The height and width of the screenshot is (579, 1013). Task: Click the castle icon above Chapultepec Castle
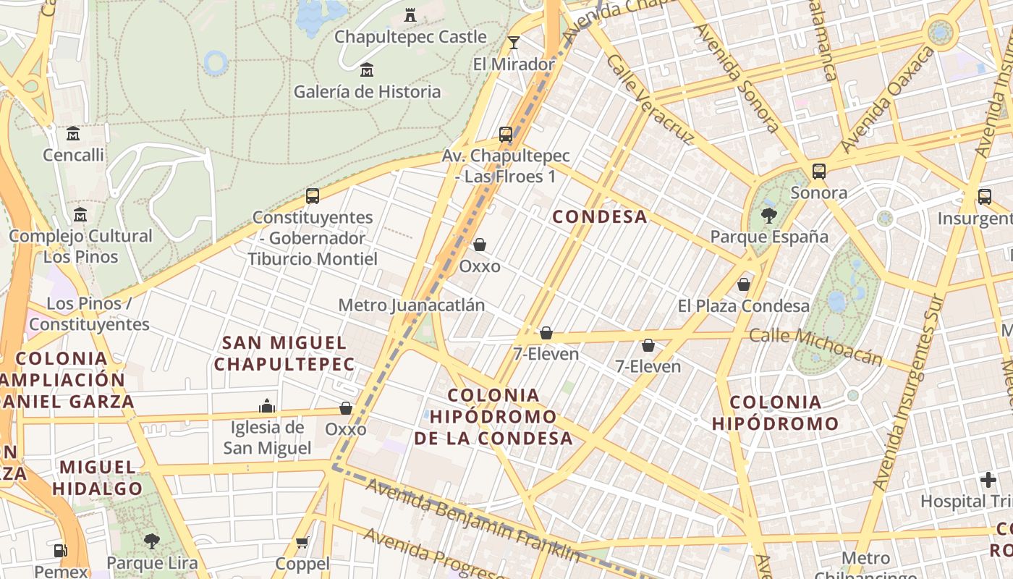pyautogui.click(x=410, y=14)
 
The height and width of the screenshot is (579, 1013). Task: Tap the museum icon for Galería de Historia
pyautogui.click(x=367, y=70)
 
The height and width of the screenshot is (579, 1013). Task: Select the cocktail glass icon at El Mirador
pyautogui.click(x=514, y=43)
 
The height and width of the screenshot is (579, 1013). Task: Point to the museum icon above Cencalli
pyautogui.click(x=73, y=134)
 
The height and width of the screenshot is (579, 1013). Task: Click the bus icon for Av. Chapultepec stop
pyautogui.click(x=506, y=135)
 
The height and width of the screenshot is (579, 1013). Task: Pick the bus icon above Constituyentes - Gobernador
pyautogui.click(x=313, y=196)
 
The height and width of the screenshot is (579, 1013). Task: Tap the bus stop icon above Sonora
pyautogui.click(x=819, y=172)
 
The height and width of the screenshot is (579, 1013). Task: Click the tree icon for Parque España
pyautogui.click(x=768, y=215)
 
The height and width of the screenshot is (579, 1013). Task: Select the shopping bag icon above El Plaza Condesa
pyautogui.click(x=744, y=284)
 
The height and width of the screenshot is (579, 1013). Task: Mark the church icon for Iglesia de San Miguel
pyautogui.click(x=267, y=406)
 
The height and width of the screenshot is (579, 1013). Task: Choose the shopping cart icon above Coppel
pyautogui.click(x=302, y=542)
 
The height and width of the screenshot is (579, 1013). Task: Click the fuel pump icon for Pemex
pyautogui.click(x=61, y=551)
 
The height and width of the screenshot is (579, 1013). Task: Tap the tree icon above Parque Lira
pyautogui.click(x=151, y=541)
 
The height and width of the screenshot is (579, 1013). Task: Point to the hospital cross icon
pyautogui.click(x=988, y=480)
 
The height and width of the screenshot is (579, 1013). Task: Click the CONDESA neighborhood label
pyautogui.click(x=600, y=216)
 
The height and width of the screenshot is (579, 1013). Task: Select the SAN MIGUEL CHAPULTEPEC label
pyautogui.click(x=284, y=353)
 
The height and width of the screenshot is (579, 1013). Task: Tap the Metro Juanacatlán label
pyautogui.click(x=412, y=305)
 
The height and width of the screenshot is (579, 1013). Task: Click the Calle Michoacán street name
pyautogui.click(x=815, y=345)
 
